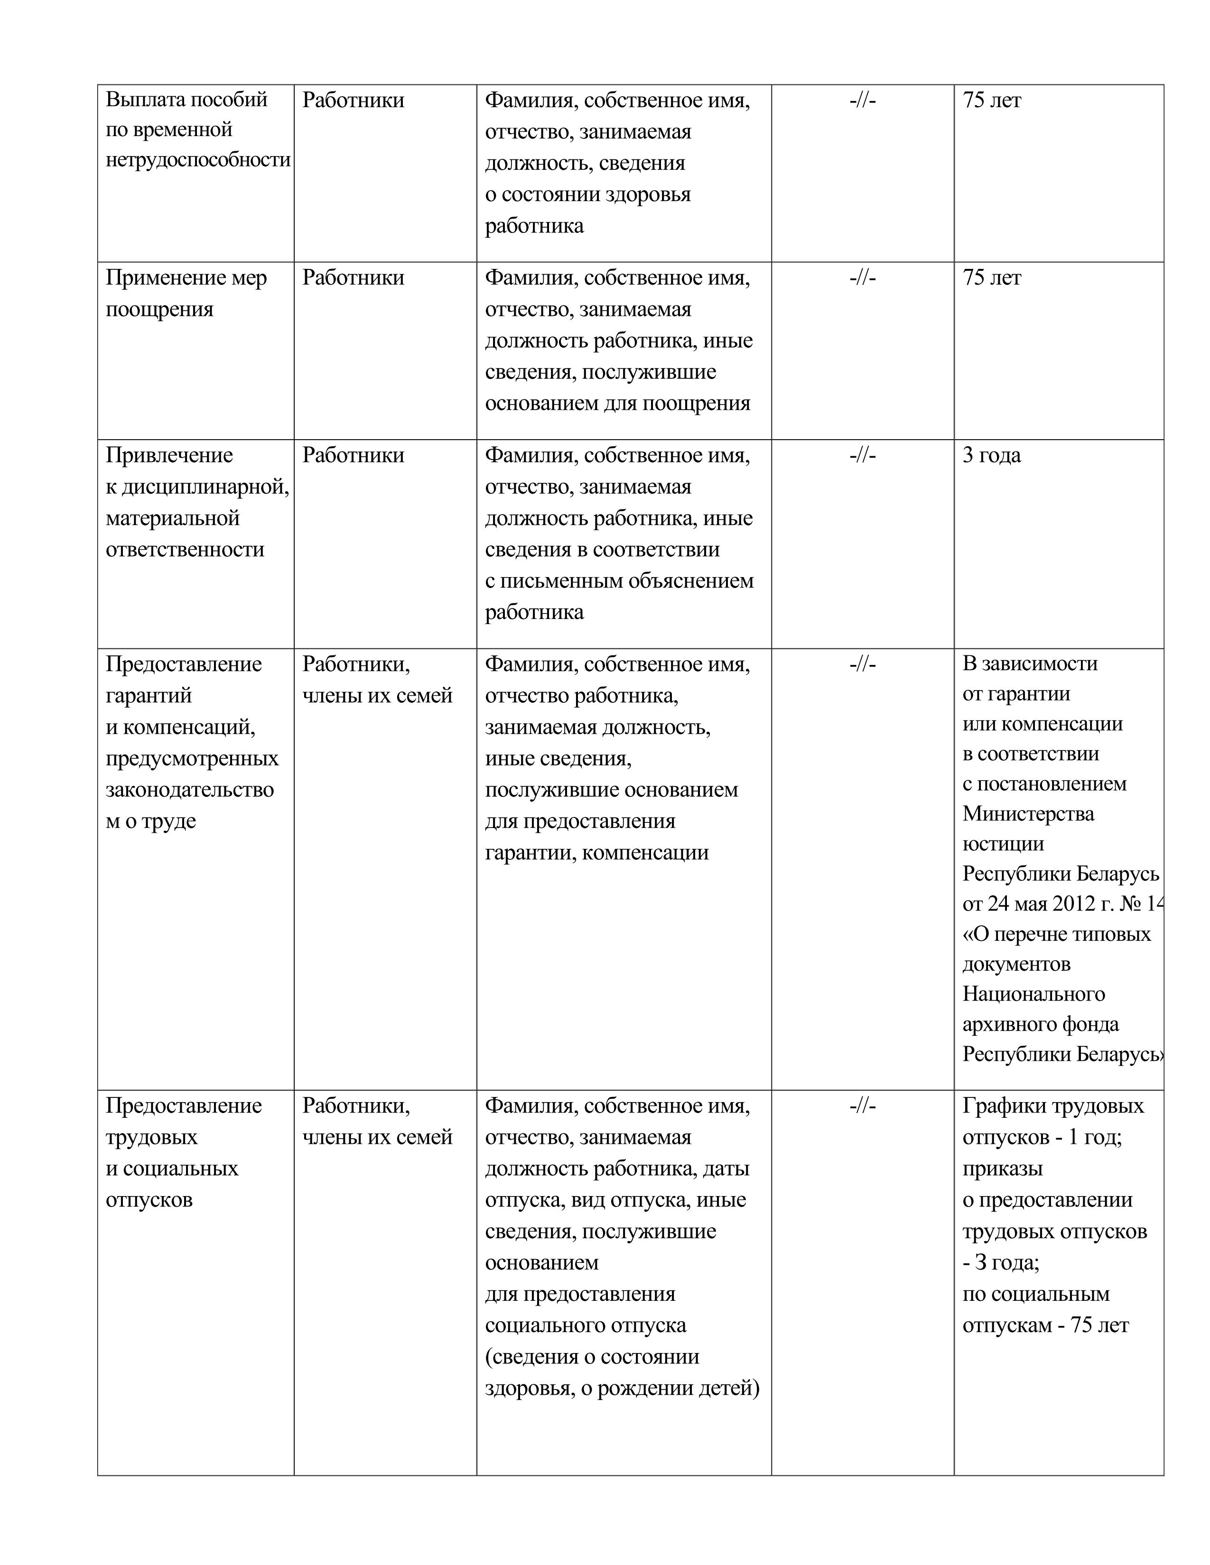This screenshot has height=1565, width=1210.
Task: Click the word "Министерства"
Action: (x=1028, y=813)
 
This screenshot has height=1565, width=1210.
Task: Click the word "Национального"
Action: (x=1033, y=994)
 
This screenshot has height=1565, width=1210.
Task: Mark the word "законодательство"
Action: (x=189, y=789)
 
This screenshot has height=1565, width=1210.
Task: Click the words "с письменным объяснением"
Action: (x=619, y=580)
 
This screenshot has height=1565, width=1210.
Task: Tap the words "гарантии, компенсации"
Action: (x=596, y=852)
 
